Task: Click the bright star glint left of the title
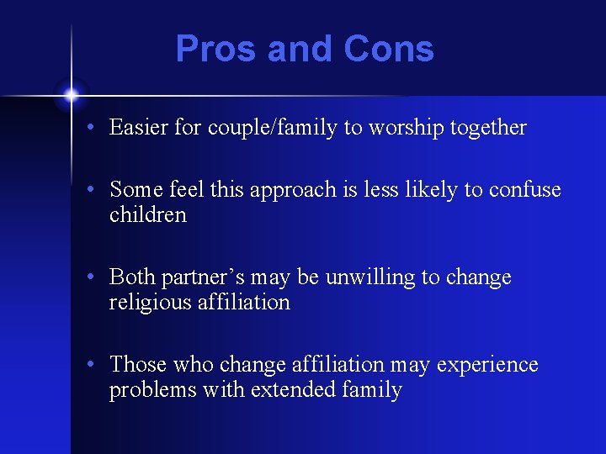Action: click(71, 94)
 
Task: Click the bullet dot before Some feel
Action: click(98, 191)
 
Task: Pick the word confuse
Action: click(526, 190)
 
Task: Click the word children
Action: click(148, 215)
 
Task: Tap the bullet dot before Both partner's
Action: click(98, 278)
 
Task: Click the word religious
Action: click(147, 303)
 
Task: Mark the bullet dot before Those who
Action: click(98, 366)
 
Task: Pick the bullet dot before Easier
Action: click(98, 129)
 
